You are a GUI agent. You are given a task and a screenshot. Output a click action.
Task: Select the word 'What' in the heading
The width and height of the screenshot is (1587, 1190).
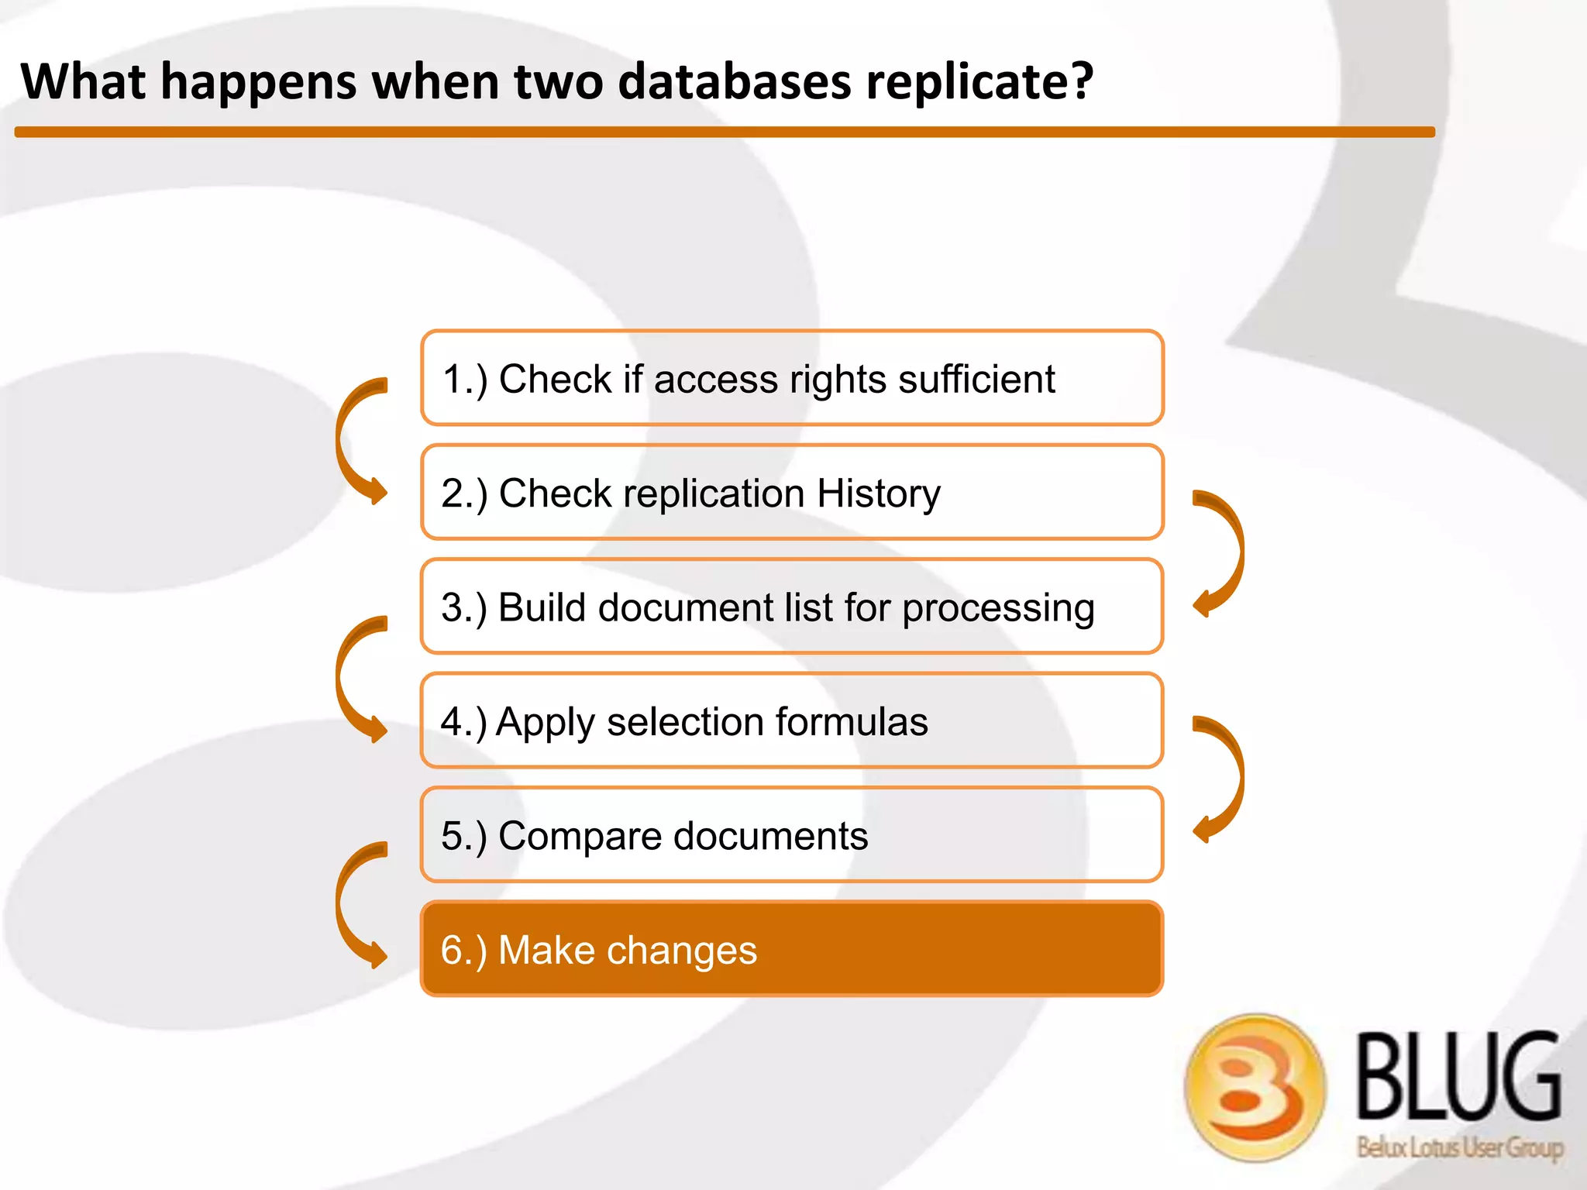[x=82, y=81]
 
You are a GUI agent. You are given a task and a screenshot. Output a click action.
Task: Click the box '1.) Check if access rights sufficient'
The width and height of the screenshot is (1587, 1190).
[x=791, y=378]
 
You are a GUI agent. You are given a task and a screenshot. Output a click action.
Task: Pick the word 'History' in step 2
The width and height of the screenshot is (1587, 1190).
[x=878, y=494]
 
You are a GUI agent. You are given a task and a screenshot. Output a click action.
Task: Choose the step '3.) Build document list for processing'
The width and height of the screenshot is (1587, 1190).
[x=791, y=607]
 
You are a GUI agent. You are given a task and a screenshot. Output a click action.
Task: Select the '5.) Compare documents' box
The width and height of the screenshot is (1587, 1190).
[x=791, y=835]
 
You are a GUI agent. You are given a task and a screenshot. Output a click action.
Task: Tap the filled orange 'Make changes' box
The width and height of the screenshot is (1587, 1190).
[x=791, y=949]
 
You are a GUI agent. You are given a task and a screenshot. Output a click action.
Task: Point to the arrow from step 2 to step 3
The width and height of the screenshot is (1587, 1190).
[x=1228, y=552]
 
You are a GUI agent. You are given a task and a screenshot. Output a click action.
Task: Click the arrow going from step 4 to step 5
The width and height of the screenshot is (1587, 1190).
[x=1228, y=777]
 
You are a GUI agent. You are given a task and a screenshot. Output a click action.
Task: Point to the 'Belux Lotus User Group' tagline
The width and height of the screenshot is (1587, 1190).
[x=1459, y=1147]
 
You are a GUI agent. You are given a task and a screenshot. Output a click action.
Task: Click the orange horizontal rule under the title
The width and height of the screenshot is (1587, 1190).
[x=725, y=132]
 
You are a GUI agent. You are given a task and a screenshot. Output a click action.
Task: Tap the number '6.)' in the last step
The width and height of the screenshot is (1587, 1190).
[x=463, y=951]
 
